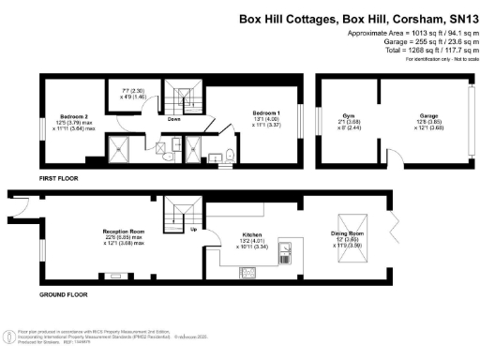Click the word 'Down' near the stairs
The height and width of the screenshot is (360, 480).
(x=174, y=120)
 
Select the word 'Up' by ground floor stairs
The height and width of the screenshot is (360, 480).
(x=194, y=229)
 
